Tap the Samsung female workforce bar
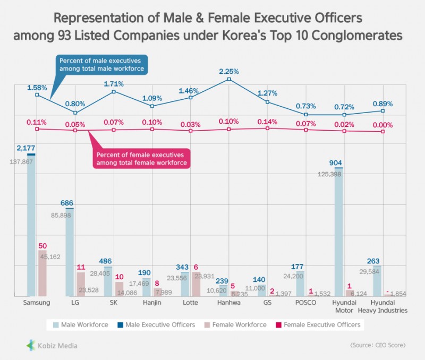pyautogui.click(x=42, y=273)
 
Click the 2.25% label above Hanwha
pyautogui.click(x=229, y=71)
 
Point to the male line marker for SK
pyautogui.click(x=114, y=92)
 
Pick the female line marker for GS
pyautogui.click(x=267, y=128)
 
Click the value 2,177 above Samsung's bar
pyautogui.click(x=27, y=148)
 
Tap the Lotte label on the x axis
pyautogui.click(x=190, y=303)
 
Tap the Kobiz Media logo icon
pyautogui.click(x=31, y=346)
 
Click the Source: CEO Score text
pyautogui.click(x=378, y=346)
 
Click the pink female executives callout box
pyautogui.click(x=142, y=158)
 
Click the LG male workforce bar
pyautogui.click(x=70, y=252)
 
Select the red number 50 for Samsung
pyautogui.click(x=42, y=246)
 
